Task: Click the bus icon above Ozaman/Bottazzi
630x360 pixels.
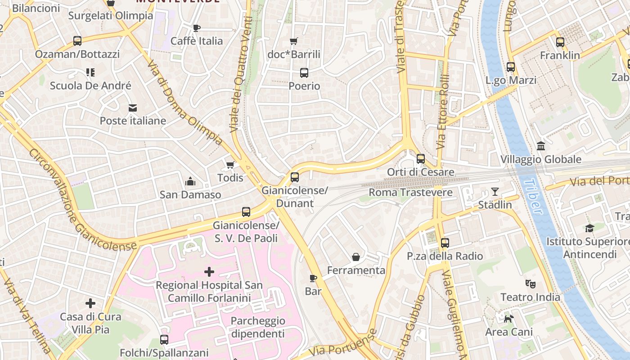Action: click(77, 41)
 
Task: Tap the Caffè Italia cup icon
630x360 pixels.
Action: click(197, 28)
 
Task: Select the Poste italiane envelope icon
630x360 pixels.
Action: click(133, 108)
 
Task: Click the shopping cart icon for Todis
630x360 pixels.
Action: click(230, 165)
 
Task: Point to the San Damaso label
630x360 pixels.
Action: click(190, 195)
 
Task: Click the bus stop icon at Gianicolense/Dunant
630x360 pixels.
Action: click(295, 177)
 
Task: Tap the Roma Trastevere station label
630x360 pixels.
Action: click(410, 193)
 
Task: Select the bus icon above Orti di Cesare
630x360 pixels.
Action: click(421, 159)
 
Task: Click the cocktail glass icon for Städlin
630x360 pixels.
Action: click(495, 192)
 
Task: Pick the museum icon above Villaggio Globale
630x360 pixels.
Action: click(541, 146)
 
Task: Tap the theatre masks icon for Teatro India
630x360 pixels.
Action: click(531, 284)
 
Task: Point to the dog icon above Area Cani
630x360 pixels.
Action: click(509, 319)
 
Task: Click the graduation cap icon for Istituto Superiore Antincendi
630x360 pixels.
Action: click(589, 228)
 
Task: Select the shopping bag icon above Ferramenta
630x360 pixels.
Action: click(356, 257)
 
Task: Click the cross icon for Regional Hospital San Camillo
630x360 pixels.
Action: click(209, 272)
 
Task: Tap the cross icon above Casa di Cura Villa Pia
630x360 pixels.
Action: click(90, 303)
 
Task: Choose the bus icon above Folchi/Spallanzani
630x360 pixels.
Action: click(164, 340)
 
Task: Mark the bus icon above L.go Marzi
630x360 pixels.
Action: click(511, 67)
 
